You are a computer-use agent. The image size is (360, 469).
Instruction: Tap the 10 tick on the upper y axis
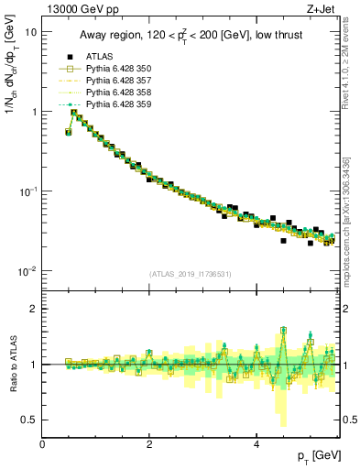coord(30,31)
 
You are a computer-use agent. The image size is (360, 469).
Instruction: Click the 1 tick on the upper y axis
coord(33,112)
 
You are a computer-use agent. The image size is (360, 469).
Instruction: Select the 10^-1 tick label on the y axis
coord(27,191)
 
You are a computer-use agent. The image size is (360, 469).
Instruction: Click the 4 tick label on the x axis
coord(256,443)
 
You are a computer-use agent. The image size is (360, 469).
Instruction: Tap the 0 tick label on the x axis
coord(43,443)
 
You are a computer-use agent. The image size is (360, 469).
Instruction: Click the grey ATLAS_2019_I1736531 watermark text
coord(190,274)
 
